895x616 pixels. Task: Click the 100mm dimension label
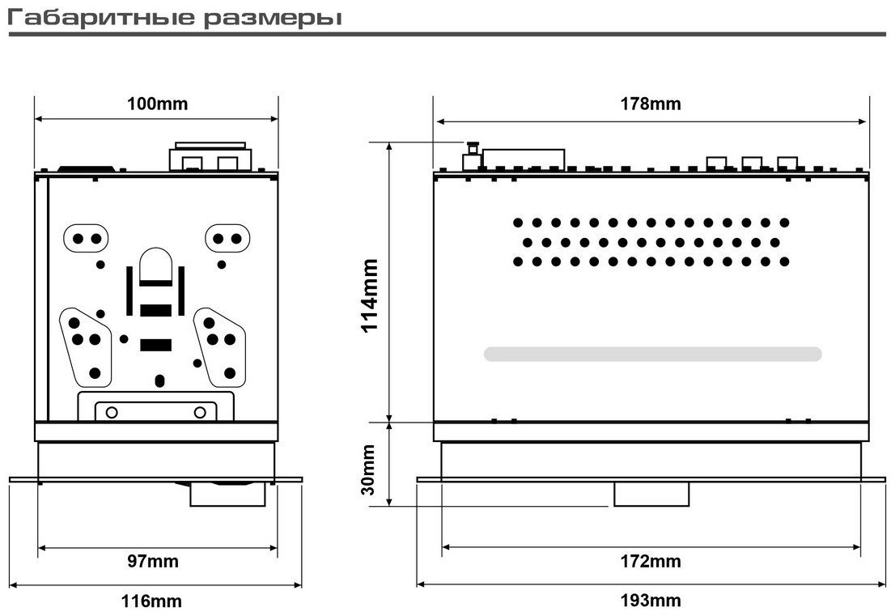(x=157, y=104)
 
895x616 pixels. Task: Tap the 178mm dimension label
(x=651, y=104)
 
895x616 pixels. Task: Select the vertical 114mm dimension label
(x=370, y=295)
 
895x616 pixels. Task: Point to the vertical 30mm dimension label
(x=369, y=469)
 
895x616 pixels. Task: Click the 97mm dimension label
(x=152, y=561)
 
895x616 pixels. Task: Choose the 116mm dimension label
(x=151, y=601)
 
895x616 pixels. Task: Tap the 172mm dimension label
(x=651, y=561)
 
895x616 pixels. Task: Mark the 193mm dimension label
(x=651, y=601)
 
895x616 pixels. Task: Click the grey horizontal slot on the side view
(x=652, y=354)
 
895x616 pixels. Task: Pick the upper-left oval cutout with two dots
(x=87, y=239)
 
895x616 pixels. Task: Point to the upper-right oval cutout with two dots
(x=227, y=239)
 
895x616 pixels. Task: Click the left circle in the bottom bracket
(x=112, y=412)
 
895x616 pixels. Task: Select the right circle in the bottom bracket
(x=200, y=412)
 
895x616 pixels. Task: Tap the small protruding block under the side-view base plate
(x=651, y=495)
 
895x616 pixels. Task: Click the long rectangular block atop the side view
(x=524, y=159)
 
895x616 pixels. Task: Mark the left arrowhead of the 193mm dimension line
(x=421, y=584)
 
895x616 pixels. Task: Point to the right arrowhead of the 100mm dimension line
(x=274, y=119)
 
